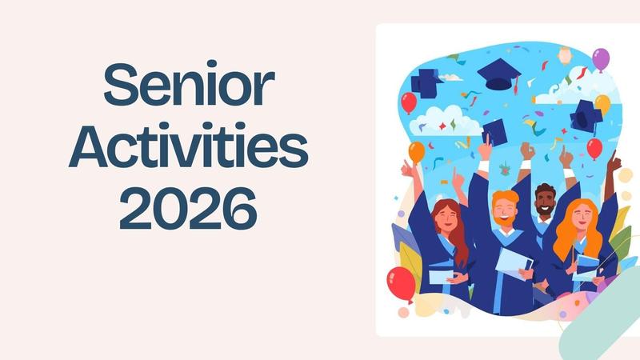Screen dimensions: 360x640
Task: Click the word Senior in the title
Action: [x=190, y=86]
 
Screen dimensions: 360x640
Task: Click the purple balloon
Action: [x=600, y=58]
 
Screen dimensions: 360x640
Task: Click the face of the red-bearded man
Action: [x=505, y=210]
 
